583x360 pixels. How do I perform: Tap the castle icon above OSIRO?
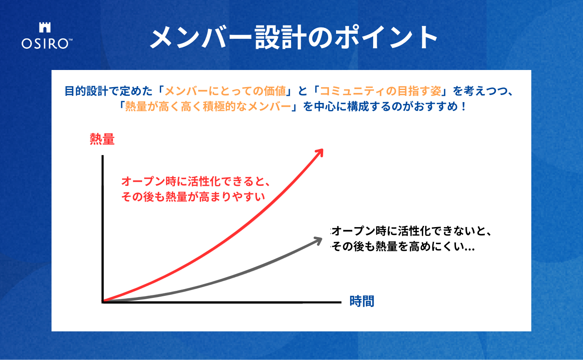[x=45, y=27]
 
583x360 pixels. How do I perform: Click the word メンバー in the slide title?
[x=200, y=37]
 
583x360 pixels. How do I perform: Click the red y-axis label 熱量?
[x=102, y=139]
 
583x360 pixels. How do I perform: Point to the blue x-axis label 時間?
[x=362, y=301]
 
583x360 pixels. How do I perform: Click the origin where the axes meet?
[x=103, y=302]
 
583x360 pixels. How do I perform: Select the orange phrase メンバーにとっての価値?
[x=225, y=91]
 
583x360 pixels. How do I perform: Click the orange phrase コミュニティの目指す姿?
[x=381, y=91]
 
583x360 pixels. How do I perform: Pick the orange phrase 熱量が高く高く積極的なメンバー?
[x=208, y=107]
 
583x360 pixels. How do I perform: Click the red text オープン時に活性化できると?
[x=192, y=181]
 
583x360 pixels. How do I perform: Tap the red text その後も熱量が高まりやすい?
[x=193, y=197]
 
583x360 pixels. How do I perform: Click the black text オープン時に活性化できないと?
[x=408, y=231]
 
